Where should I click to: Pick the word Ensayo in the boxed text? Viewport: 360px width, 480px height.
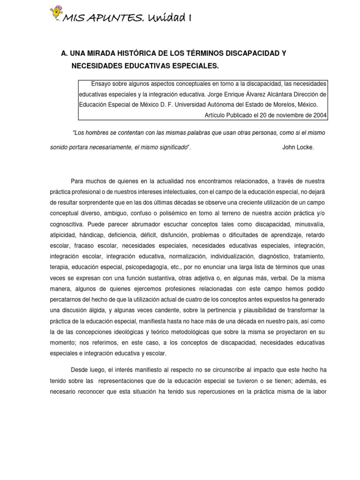pyautogui.click(x=102, y=84)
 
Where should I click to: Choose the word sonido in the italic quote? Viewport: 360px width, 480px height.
pyautogui.click(x=59, y=147)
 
